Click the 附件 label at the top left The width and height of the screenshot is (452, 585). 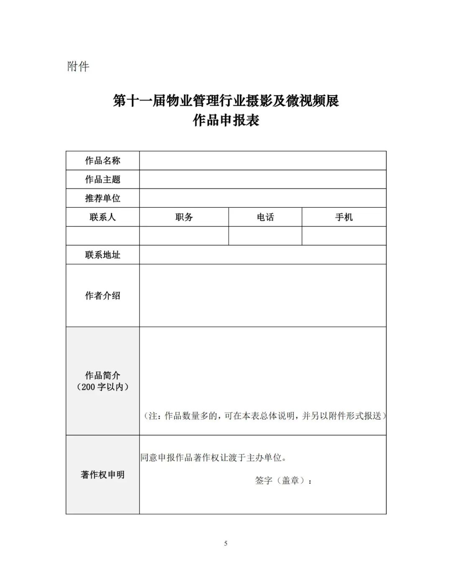click(78, 66)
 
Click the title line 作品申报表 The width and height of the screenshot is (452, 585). click(226, 121)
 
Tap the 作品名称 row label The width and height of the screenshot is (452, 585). click(103, 160)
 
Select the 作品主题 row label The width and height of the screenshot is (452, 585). click(103, 179)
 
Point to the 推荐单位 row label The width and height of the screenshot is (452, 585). click(103, 198)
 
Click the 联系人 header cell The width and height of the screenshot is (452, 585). click(103, 217)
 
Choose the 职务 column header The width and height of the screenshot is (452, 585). click(184, 217)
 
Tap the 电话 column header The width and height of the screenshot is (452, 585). click(265, 217)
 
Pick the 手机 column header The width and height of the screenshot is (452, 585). click(344, 217)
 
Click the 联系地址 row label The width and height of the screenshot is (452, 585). click(103, 255)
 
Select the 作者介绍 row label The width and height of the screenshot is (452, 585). click(103, 295)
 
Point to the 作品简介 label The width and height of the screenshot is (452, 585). click(103, 375)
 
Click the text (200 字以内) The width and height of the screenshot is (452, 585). click(103, 387)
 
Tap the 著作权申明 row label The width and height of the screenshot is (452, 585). click(103, 474)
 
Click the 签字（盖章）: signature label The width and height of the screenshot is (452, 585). click(283, 481)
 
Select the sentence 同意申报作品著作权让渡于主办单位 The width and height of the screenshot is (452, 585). click(213, 458)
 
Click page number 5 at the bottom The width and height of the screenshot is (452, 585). click(226, 544)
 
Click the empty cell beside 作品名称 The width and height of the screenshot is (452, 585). click(262, 160)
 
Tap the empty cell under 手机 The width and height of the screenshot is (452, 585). click(344, 236)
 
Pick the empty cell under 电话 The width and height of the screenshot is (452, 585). click(265, 236)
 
